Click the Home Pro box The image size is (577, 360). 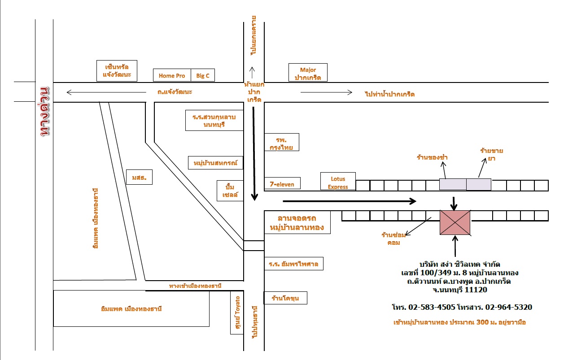pyautogui.click(x=172, y=75)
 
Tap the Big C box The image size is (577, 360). pyautogui.click(x=203, y=75)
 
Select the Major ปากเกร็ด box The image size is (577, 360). pyautogui.click(x=308, y=73)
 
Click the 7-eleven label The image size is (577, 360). pyautogui.click(x=282, y=184)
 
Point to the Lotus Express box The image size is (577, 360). pyautogui.click(x=338, y=182)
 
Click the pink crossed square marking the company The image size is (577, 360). pyautogui.click(x=455, y=222)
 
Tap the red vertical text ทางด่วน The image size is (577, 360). pyautogui.click(x=44, y=111)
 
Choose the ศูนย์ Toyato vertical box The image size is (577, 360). pyautogui.click(x=237, y=312)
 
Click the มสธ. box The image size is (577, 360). pyautogui.click(x=139, y=177)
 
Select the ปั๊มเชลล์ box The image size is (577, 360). pyautogui.click(x=230, y=191)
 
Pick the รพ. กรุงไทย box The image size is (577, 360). pyautogui.click(x=281, y=142)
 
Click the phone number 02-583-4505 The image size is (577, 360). pyautogui.click(x=432, y=307)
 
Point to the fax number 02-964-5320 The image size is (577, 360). pyautogui.click(x=509, y=307)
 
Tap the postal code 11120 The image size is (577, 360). pyautogui.click(x=476, y=290)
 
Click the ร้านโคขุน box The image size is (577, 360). pyautogui.click(x=285, y=298)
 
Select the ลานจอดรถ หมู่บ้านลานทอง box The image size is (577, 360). pyautogui.click(x=297, y=222)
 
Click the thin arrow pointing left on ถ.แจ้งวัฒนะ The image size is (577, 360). pyautogui.click(x=106, y=92)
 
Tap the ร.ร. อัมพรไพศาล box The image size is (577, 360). pyautogui.click(x=293, y=264)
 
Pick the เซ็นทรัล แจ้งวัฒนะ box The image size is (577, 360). pyautogui.click(x=117, y=71)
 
